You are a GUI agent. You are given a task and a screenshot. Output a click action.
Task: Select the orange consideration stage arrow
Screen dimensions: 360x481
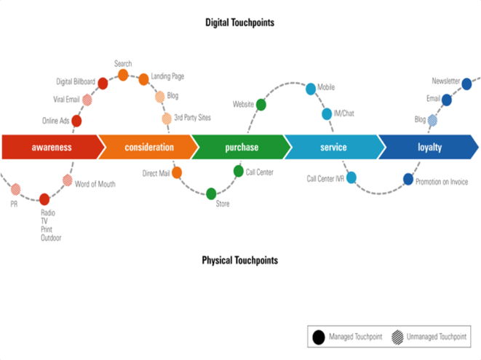click(148, 147)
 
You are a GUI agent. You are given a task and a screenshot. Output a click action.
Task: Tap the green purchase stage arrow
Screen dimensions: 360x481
click(241, 147)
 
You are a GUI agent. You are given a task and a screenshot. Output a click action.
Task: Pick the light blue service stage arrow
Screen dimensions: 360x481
click(333, 147)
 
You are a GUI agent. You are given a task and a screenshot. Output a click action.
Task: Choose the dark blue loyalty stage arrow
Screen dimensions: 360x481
click(428, 147)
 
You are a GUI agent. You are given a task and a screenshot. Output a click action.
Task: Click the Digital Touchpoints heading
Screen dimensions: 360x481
click(239, 23)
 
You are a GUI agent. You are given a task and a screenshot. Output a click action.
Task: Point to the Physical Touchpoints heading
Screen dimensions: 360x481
click(239, 260)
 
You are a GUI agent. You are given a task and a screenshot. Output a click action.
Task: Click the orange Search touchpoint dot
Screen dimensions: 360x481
click(123, 75)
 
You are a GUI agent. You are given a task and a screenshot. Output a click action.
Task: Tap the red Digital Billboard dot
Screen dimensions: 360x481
click(103, 84)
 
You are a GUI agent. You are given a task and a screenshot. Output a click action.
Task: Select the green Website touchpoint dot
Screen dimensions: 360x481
click(261, 105)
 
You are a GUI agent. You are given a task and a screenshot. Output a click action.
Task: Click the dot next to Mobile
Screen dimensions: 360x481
click(311, 89)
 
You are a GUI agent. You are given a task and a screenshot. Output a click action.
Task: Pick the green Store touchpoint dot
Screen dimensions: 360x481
click(211, 193)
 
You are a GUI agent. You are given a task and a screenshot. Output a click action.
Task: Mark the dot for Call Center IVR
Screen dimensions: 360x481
click(351, 177)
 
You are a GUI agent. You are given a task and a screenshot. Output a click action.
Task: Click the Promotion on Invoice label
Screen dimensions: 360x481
click(442, 182)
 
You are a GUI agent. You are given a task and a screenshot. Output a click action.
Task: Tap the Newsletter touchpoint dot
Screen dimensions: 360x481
click(466, 84)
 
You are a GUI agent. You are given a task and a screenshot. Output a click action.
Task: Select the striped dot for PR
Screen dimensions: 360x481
click(16, 190)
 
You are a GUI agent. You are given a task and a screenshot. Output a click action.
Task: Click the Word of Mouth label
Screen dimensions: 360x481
click(95, 184)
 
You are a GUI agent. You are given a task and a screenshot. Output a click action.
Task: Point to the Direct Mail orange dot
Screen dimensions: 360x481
click(176, 173)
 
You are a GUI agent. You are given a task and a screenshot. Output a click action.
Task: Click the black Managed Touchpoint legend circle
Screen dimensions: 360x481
click(318, 337)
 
